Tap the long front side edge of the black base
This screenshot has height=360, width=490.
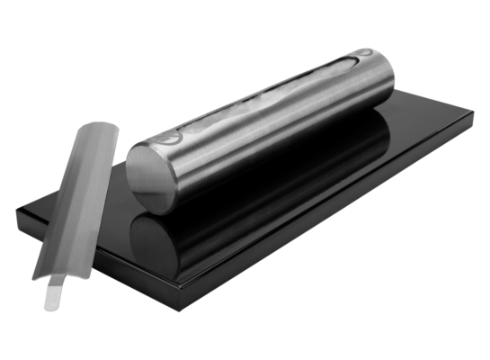pos(333,216)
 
